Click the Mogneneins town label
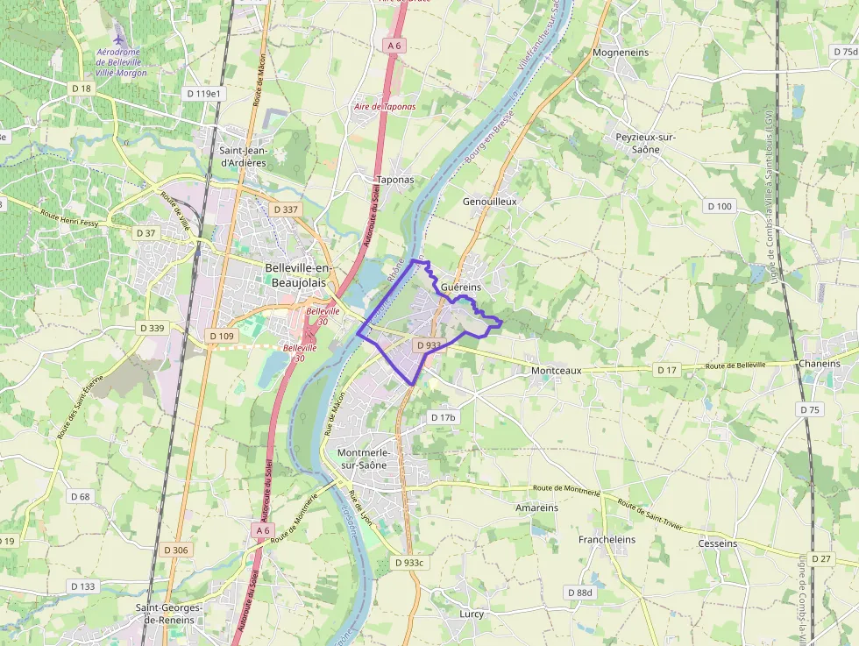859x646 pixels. click(621, 53)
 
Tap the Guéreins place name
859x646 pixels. click(461, 288)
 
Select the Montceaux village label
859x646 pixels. click(556, 371)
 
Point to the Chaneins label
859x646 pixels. click(819, 364)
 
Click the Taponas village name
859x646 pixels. click(394, 180)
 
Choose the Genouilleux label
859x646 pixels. click(489, 201)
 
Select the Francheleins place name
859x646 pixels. click(607, 540)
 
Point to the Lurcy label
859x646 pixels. click(472, 614)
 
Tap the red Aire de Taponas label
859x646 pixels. click(385, 106)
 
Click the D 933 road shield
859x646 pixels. click(429, 345)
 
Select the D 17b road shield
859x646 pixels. click(444, 417)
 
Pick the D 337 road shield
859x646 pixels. click(286, 209)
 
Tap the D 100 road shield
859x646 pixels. click(719, 206)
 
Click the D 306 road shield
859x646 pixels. click(175, 550)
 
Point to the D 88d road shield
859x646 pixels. click(580, 593)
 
